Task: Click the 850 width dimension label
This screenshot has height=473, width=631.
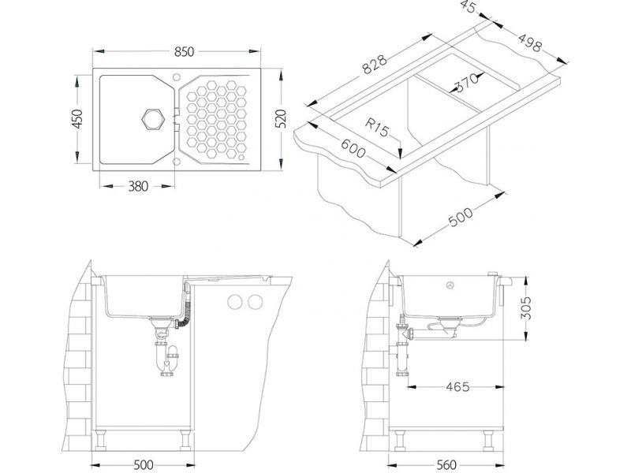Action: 185,52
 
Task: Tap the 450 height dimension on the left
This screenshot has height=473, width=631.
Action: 77,119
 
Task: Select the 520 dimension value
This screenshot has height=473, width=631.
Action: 281,119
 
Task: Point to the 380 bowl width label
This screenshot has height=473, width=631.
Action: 138,186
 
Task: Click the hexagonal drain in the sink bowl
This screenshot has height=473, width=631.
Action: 153,120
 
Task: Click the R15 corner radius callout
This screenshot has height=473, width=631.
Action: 378,128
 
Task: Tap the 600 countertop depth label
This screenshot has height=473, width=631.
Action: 353,149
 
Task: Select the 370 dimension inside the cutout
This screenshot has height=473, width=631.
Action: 467,82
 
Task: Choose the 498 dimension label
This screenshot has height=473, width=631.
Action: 529,43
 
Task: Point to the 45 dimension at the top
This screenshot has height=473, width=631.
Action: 469,7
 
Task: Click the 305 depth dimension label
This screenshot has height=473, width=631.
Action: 525,308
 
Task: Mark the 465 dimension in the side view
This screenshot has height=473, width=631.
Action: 457,387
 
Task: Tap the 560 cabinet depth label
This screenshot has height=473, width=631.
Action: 446,465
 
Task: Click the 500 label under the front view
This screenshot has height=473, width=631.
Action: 143,465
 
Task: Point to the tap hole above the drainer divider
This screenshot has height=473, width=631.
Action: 176,77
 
